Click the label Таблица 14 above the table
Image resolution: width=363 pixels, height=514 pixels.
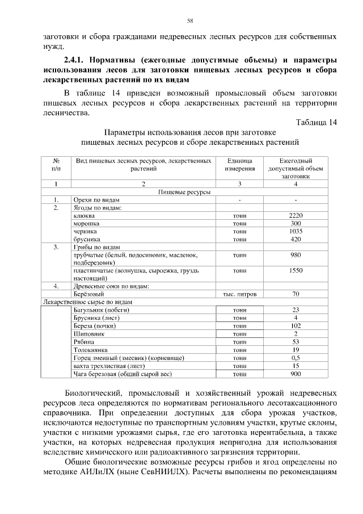pos(316,123)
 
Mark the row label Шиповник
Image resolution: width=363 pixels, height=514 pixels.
pos(90,335)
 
